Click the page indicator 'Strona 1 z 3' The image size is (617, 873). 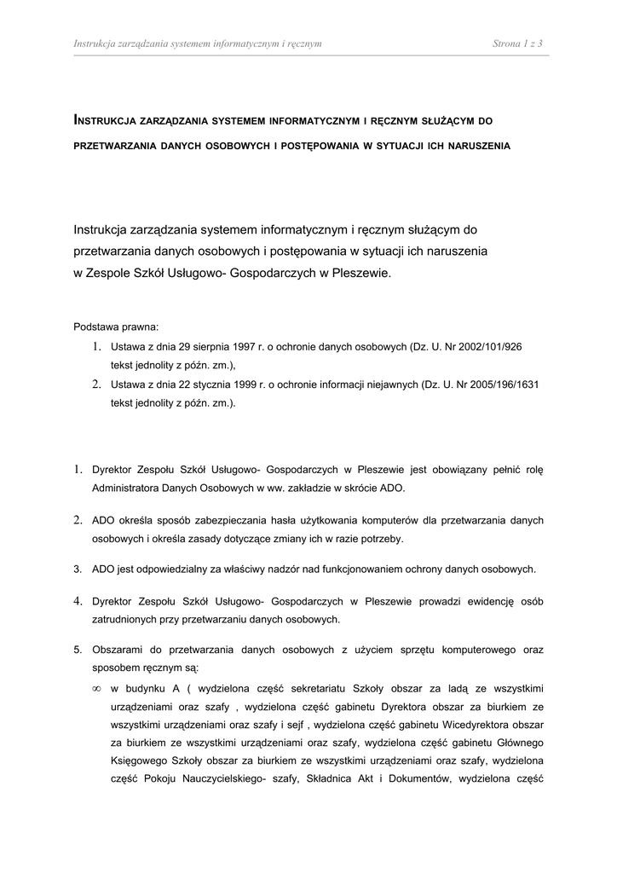click(x=517, y=43)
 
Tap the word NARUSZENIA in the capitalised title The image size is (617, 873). click(x=477, y=146)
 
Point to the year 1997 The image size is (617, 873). click(x=240, y=347)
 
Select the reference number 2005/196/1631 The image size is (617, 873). click(x=503, y=384)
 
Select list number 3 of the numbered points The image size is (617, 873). click(x=78, y=569)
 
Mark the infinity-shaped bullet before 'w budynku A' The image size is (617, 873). click(x=96, y=688)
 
